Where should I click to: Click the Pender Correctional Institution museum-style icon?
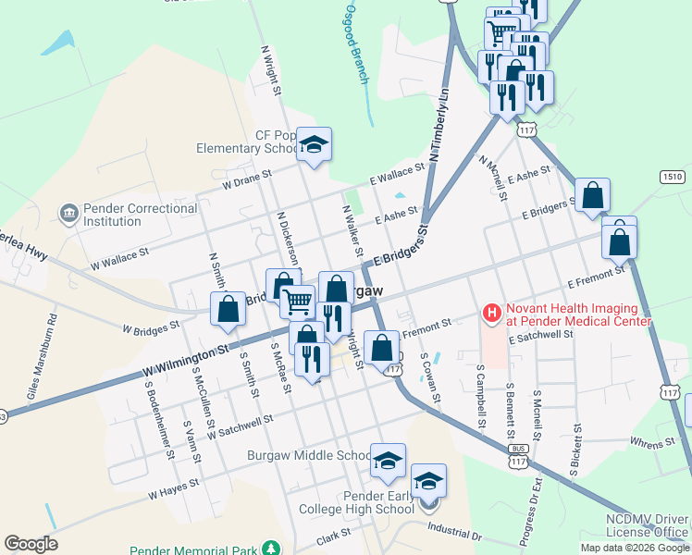(x=68, y=215)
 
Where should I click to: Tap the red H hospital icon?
(x=491, y=314)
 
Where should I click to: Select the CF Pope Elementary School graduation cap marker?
(x=315, y=145)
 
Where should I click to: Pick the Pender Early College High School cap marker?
(x=428, y=482)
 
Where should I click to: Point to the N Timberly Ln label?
(x=437, y=119)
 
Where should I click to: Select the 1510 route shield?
(x=673, y=176)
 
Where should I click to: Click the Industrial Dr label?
(x=454, y=531)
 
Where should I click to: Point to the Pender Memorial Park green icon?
(x=271, y=548)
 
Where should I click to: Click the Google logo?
(x=31, y=544)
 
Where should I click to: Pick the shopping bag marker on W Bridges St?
(x=228, y=309)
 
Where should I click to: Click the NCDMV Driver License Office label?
(x=648, y=525)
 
